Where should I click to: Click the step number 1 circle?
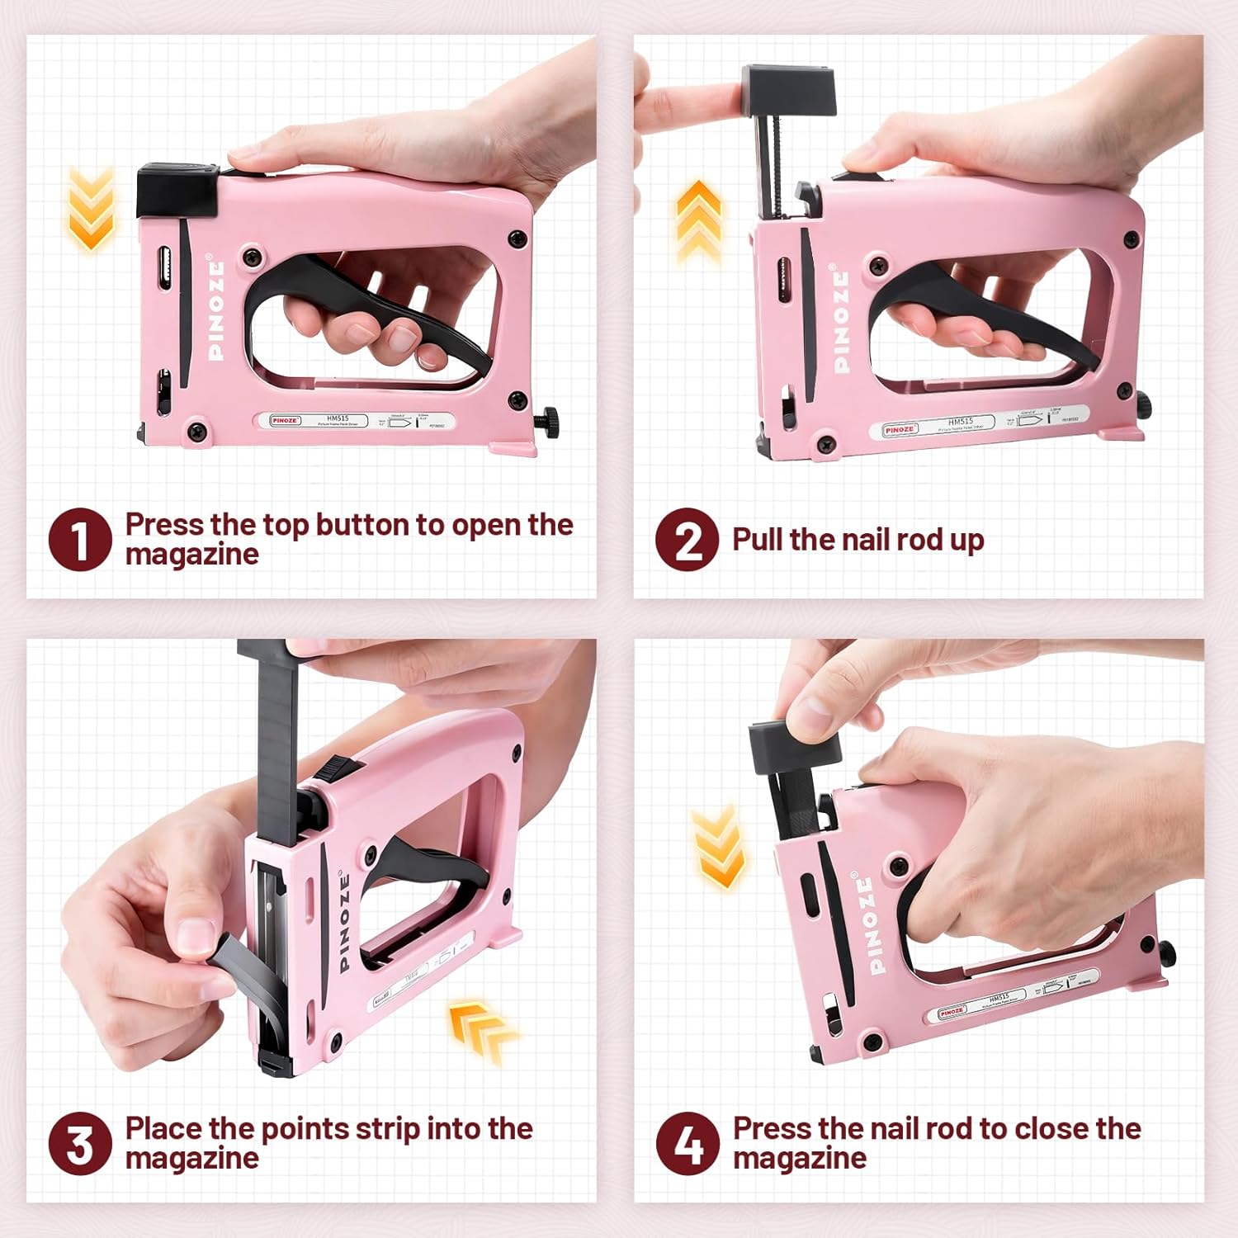[x=80, y=539]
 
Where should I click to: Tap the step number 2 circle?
[x=687, y=539]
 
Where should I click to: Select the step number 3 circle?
[x=80, y=1143]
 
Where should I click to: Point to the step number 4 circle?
[x=688, y=1143]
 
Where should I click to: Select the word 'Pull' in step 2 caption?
[x=758, y=540]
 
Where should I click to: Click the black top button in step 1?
[x=177, y=190]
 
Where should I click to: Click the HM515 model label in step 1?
[x=338, y=418]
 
